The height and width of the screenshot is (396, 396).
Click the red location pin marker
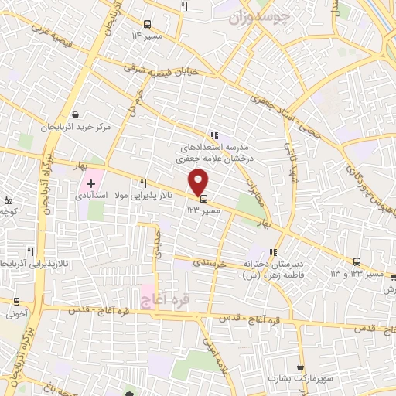coord(199,181)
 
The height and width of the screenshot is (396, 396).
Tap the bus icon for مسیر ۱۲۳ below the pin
coord(203,198)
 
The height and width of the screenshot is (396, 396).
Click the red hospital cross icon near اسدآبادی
coord(90,184)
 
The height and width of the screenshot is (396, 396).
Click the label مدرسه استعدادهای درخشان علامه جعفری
coord(213,149)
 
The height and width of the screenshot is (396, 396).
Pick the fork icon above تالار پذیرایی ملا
coord(143,183)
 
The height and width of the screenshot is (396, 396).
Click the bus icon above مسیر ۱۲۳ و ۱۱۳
coord(357,261)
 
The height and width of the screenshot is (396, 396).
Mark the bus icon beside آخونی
coord(17,301)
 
